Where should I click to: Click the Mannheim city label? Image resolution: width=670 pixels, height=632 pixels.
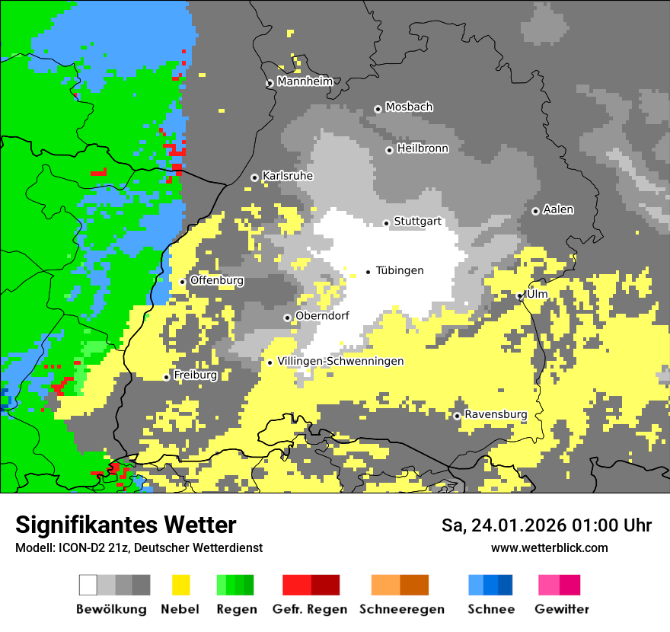(x=305, y=81)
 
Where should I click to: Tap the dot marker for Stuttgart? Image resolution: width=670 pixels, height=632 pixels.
(x=387, y=223)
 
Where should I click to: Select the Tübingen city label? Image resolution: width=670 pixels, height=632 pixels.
(x=400, y=271)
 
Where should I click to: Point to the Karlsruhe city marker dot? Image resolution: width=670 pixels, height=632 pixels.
(x=254, y=177)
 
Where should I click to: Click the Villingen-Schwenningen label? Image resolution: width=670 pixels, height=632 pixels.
(x=340, y=362)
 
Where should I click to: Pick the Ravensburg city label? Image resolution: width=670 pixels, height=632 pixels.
(x=496, y=415)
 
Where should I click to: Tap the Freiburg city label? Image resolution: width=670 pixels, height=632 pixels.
(x=195, y=375)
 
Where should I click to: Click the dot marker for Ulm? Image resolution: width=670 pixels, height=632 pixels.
(x=520, y=296)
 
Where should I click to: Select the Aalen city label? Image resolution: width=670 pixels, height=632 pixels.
(x=558, y=209)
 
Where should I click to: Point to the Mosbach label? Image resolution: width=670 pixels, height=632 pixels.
(x=409, y=107)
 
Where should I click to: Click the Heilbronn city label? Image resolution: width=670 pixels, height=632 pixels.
(x=423, y=148)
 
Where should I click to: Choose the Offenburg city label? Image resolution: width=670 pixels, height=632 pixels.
(x=217, y=280)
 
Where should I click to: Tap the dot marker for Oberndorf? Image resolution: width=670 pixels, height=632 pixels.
(x=287, y=318)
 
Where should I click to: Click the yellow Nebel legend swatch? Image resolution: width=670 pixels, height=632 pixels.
(x=180, y=585)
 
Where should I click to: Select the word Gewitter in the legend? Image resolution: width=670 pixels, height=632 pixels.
(x=561, y=609)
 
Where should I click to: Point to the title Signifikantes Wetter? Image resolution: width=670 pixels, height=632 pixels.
(x=126, y=525)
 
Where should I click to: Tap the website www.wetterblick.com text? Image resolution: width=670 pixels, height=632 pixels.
(x=549, y=547)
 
